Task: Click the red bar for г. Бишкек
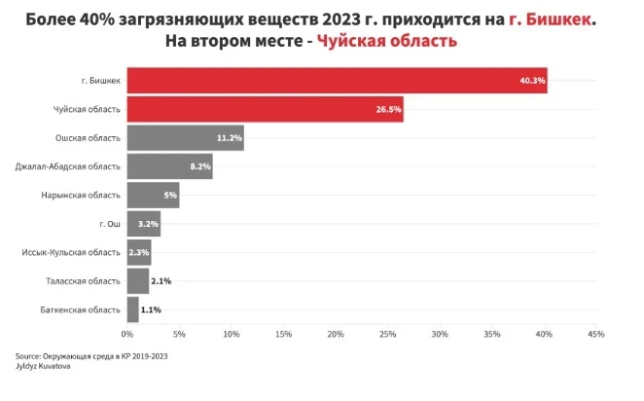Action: click(x=336, y=80)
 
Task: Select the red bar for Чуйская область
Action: click(x=265, y=109)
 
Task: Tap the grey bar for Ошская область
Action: click(x=185, y=138)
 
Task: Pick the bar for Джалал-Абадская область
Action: click(x=169, y=166)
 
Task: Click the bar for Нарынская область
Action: click(x=153, y=196)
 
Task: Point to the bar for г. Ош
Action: click(x=143, y=224)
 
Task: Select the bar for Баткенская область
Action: click(x=132, y=310)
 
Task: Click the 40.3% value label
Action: click(x=532, y=81)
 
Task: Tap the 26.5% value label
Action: click(x=389, y=110)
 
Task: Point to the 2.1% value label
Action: click(x=161, y=281)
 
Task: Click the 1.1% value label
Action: click(x=151, y=310)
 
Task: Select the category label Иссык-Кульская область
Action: click(x=71, y=253)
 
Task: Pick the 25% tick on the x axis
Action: click(x=388, y=335)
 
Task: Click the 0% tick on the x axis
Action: click(x=126, y=335)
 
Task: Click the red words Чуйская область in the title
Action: click(x=386, y=43)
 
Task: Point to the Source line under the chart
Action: click(x=92, y=356)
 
